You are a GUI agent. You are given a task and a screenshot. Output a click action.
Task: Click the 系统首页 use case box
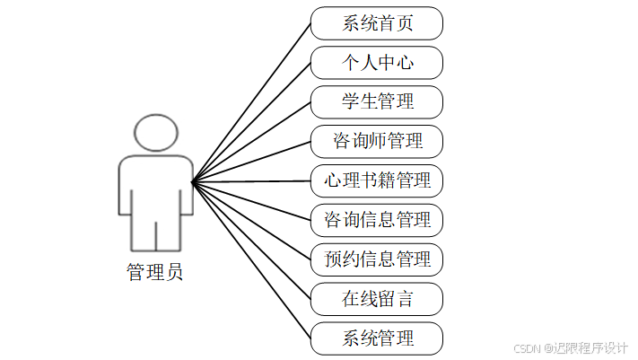click(377, 23)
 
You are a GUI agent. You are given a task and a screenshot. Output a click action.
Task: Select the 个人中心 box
click(377, 63)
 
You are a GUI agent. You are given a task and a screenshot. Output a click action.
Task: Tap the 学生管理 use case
click(377, 101)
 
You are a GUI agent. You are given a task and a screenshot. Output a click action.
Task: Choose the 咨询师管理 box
click(377, 141)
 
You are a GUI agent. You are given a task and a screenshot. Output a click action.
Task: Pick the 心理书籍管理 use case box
click(377, 180)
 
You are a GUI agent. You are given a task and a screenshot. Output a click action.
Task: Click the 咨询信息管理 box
click(377, 220)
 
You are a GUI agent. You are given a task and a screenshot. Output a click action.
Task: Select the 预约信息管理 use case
click(377, 259)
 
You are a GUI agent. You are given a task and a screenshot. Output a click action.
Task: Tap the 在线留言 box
click(377, 299)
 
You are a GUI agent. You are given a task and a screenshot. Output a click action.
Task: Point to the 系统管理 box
click(377, 338)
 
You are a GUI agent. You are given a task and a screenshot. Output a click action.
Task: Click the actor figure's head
click(156, 133)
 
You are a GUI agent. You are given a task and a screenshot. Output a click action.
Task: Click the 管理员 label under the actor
click(155, 272)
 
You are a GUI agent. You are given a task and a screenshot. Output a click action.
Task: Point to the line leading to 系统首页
click(252, 102)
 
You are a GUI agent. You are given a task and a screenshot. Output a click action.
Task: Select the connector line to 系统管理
click(252, 261)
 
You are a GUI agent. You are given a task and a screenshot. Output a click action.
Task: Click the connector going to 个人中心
click(252, 122)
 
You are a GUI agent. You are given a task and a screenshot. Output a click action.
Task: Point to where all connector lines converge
click(193, 182)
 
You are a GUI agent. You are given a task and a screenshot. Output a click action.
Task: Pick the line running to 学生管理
click(252, 142)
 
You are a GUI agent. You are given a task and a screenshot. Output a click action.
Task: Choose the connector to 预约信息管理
click(252, 221)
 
